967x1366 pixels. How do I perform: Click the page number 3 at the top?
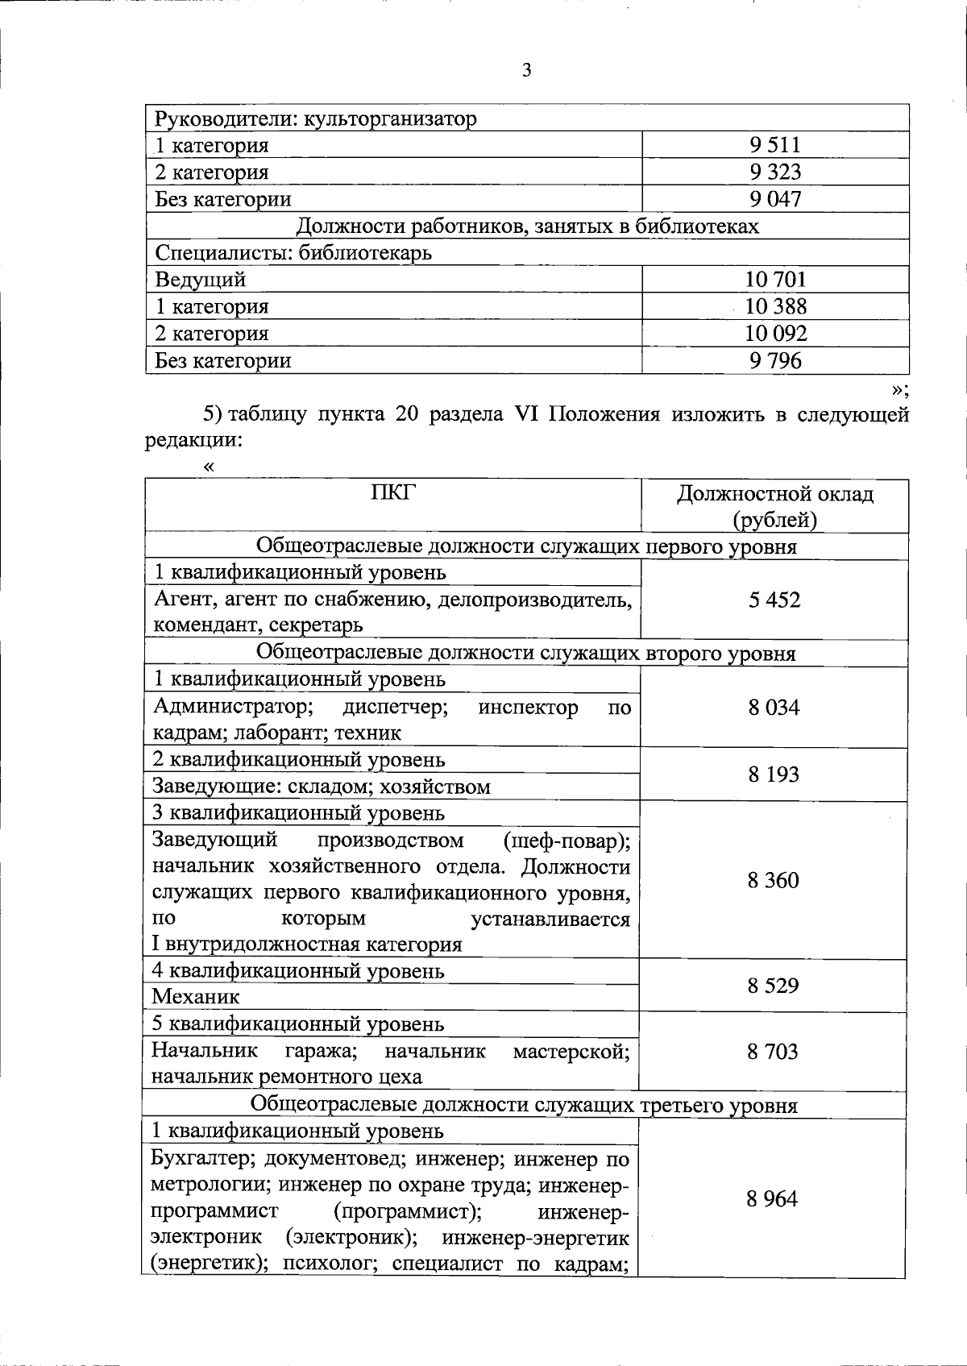click(526, 71)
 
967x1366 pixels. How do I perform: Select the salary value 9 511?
click(774, 145)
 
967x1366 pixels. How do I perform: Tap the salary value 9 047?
click(774, 199)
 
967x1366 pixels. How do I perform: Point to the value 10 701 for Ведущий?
click(775, 280)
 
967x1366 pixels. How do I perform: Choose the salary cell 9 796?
click(775, 360)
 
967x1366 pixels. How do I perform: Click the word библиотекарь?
click(365, 253)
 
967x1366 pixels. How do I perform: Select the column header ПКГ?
click(393, 492)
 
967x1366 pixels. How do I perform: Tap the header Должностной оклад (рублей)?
click(774, 506)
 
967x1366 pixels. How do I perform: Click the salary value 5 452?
click(774, 600)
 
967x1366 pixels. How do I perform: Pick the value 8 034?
click(774, 708)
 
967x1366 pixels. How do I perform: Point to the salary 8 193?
click(774, 774)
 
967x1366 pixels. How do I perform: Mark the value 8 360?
click(774, 880)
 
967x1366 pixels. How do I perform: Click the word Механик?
click(197, 997)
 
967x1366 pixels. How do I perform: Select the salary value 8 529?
click(774, 985)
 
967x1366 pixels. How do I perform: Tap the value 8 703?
click(774, 1051)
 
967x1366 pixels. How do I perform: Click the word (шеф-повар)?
click(567, 841)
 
